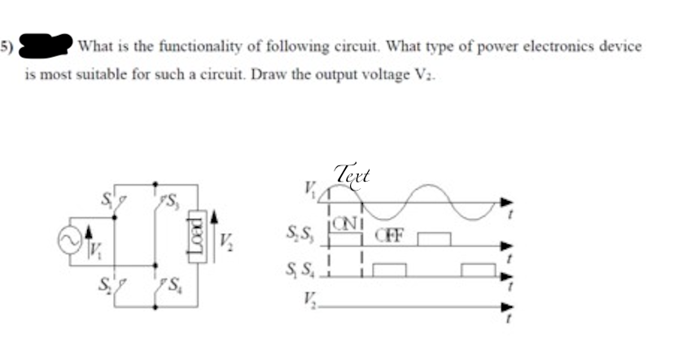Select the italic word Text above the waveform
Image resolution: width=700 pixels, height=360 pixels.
352,174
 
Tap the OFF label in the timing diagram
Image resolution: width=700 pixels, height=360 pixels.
387,237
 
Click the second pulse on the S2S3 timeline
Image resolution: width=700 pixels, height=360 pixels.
434,239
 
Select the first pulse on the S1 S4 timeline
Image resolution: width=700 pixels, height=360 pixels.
388,270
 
